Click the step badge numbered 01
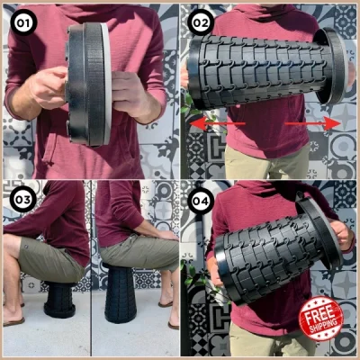pyautogui.click(x=20, y=21)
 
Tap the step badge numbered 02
pyautogui.click(x=200, y=20)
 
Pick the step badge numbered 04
pyautogui.click(x=200, y=200)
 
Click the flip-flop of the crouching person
pyautogui.click(x=13, y=320)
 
